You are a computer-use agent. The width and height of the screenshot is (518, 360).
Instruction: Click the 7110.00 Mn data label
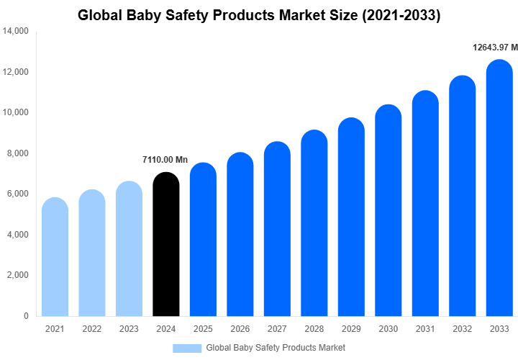tap(166, 160)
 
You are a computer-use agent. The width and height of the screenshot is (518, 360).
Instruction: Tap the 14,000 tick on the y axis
tap(15, 32)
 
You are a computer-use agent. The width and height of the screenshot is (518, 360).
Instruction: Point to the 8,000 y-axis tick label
tap(17, 153)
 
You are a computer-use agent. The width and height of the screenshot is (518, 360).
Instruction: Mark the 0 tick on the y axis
tap(26, 316)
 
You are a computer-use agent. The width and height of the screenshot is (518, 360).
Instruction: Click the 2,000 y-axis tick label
tap(17, 275)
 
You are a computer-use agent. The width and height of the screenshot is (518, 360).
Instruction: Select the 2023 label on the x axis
tap(129, 329)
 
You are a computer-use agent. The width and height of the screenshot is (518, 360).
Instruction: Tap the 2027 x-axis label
tap(277, 329)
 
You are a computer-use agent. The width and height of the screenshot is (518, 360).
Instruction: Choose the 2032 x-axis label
tap(463, 329)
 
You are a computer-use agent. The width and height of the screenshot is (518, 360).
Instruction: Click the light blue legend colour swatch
tap(186, 348)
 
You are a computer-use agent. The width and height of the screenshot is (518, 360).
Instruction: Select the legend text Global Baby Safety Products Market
tap(276, 348)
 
